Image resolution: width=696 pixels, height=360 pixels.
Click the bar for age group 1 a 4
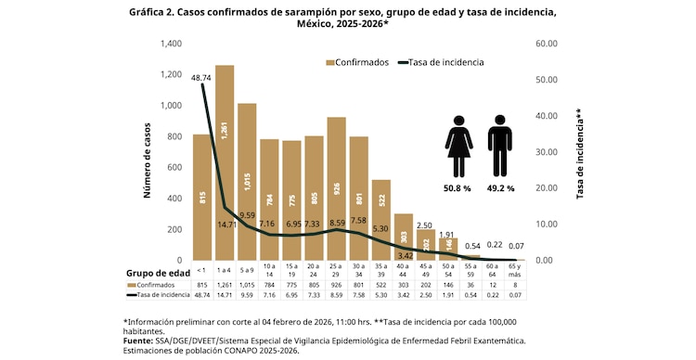pos(225,162)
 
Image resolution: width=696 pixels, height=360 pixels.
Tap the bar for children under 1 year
pos(202,197)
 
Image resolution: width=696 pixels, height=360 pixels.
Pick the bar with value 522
pos(381,219)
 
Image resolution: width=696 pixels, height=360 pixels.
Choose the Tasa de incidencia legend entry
pos(440,62)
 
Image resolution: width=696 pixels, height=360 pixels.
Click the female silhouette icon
pos(458,147)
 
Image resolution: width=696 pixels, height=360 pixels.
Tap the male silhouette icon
pos(500,147)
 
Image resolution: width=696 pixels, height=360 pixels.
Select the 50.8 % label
pos(458,188)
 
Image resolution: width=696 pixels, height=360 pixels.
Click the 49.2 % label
pos(501,188)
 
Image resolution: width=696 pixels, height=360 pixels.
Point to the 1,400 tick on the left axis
pos(170,44)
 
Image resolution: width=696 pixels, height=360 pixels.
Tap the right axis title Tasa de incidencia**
pos(579,154)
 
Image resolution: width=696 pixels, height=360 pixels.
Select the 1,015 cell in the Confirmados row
pos(247,286)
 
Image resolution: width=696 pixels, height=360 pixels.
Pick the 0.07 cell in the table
pos(515,296)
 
